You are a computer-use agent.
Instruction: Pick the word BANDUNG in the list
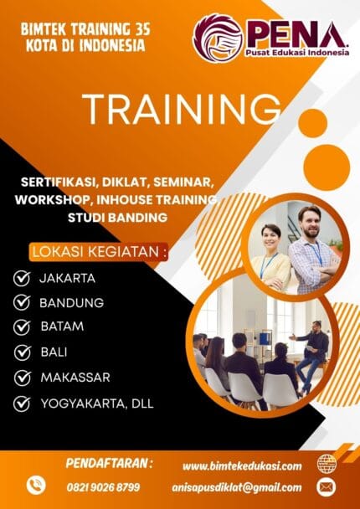tap(72, 302)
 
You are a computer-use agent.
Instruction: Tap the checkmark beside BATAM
tap(23, 327)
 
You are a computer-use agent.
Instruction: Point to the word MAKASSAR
tap(75, 378)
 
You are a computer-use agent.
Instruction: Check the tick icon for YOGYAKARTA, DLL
tap(23, 404)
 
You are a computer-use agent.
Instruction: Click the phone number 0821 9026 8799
tap(104, 486)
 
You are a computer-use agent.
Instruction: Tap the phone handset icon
tap(35, 486)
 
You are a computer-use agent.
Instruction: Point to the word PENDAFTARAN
tap(109, 462)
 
